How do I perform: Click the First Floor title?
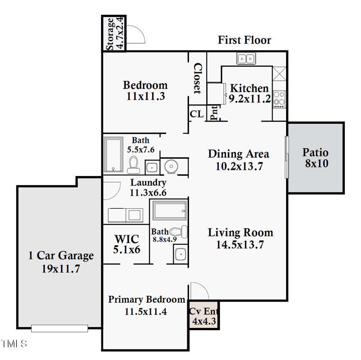click(x=245, y=40)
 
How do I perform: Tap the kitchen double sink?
click(x=246, y=59)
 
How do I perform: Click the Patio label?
click(x=315, y=153)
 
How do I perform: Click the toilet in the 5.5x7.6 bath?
click(x=133, y=164)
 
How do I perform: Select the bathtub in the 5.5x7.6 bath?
click(x=113, y=155)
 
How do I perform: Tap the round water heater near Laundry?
click(x=171, y=166)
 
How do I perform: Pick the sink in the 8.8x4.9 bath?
click(x=180, y=255)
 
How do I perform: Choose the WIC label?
click(x=126, y=239)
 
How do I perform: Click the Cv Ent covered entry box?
click(x=204, y=316)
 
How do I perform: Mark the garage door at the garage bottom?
click(x=59, y=328)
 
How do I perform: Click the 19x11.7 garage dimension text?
click(x=61, y=268)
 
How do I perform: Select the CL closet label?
click(x=196, y=114)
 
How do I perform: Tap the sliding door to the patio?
click(x=286, y=157)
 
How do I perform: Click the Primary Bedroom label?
click(x=147, y=299)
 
